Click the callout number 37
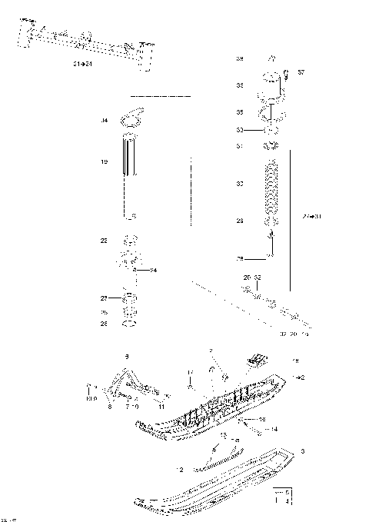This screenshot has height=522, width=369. tap(301, 72)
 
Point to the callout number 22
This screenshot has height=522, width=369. tap(104, 241)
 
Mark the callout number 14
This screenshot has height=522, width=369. tap(274, 428)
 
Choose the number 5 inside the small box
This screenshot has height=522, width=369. tap(288, 490)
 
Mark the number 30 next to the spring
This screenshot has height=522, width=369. tap(240, 185)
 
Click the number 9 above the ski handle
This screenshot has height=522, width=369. tap(127, 356)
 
